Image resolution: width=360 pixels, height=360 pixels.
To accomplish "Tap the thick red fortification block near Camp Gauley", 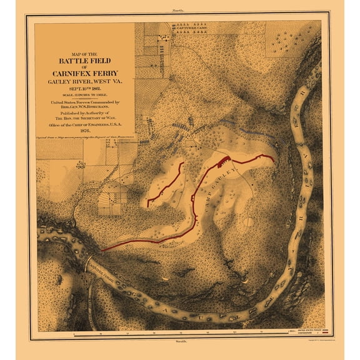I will (x=222, y=160).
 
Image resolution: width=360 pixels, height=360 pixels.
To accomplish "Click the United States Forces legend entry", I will (x=307, y=330).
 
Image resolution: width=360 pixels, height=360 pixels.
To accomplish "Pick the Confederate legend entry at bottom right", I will (x=306, y=334).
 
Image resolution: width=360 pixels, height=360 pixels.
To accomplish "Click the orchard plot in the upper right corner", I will (x=292, y=41).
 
